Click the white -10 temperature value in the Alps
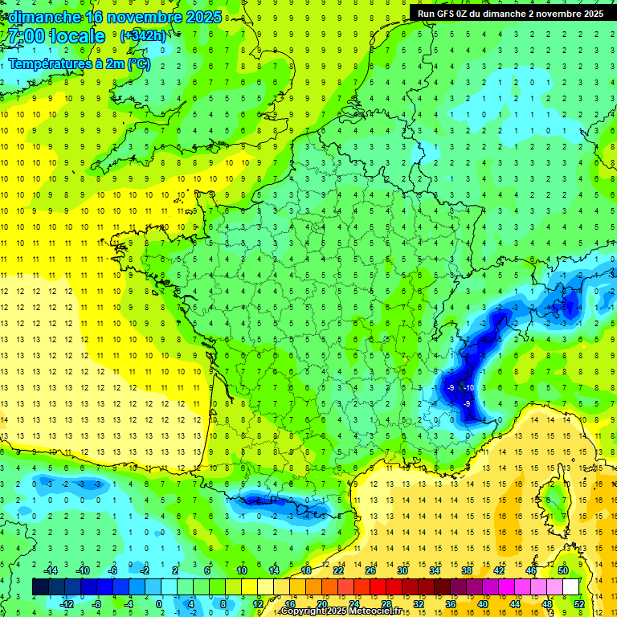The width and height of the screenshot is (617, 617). (x=469, y=388)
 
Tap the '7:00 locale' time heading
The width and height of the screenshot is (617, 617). (x=56, y=36)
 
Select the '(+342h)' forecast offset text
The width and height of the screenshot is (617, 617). (x=144, y=36)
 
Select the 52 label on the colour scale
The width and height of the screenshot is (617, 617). (x=579, y=603)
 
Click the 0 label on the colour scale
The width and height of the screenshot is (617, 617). (x=158, y=603)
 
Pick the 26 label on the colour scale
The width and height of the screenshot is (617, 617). (x=370, y=570)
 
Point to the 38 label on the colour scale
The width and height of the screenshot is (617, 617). (x=467, y=570)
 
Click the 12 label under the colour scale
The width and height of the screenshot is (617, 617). (x=258, y=603)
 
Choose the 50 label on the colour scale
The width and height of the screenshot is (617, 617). (x=563, y=570)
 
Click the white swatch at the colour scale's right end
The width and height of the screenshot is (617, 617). (x=571, y=586)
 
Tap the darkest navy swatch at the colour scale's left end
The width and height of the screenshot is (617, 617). (x=41, y=586)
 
